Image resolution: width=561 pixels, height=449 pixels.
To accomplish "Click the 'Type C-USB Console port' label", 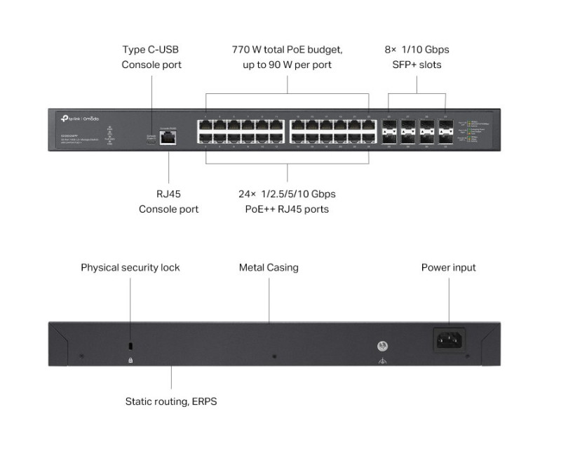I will click(x=151, y=58).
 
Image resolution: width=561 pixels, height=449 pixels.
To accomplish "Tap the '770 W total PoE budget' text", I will click(x=288, y=50).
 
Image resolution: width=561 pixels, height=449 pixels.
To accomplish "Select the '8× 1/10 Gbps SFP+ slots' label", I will click(x=417, y=58).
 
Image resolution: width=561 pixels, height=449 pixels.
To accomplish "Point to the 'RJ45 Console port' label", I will click(x=168, y=201).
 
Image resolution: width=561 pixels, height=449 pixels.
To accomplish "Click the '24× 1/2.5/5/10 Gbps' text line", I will click(x=288, y=194).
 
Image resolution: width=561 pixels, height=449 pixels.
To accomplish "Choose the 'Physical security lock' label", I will click(x=130, y=267).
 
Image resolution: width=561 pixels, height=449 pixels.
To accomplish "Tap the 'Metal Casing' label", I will click(x=269, y=267).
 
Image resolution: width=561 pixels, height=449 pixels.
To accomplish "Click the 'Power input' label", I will click(x=449, y=267).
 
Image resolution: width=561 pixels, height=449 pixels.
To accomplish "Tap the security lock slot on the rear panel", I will click(x=130, y=347).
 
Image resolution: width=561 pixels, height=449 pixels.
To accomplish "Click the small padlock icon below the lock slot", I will click(x=130, y=360).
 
